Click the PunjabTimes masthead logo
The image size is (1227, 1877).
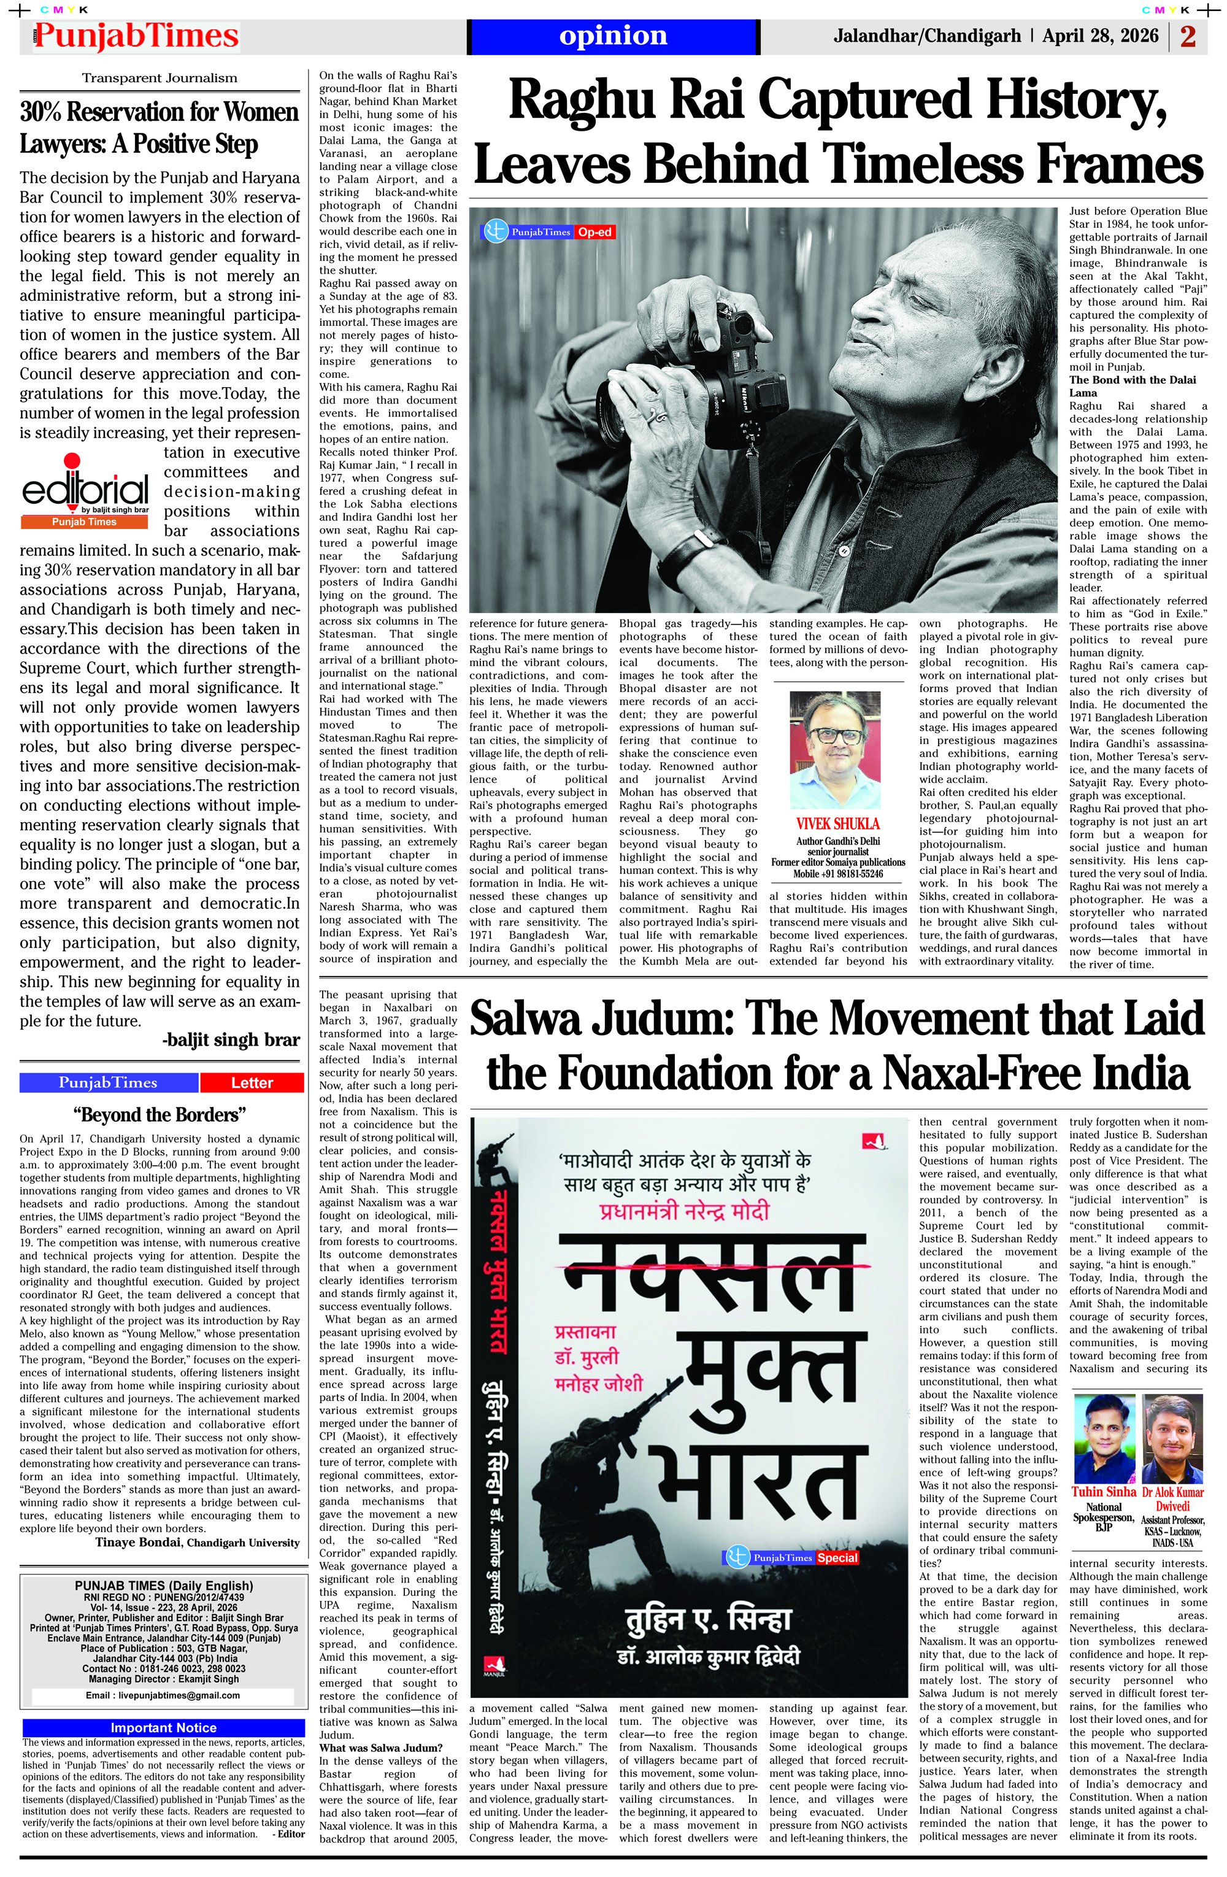click(136, 36)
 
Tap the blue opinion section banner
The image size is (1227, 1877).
click(613, 36)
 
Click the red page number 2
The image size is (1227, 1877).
click(1188, 36)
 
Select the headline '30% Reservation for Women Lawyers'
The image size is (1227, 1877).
click(160, 127)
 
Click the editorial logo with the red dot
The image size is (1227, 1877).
click(85, 490)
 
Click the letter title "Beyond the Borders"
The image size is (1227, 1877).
click(160, 1114)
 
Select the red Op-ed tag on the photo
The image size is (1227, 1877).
click(594, 232)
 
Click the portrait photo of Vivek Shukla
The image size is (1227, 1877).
click(836, 750)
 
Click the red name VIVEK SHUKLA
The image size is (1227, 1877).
click(837, 823)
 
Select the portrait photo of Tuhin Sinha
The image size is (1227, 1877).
click(1103, 1440)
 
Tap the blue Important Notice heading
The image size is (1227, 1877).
click(163, 1727)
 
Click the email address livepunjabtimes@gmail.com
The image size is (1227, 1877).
click(163, 1695)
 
